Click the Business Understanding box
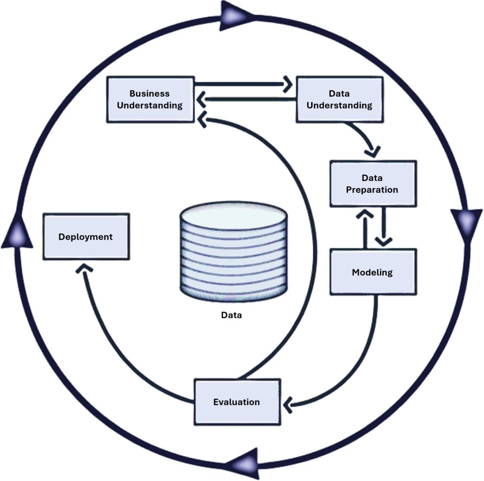point(150,99)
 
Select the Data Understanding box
point(339,99)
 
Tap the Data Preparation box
point(372,183)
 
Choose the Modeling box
point(372,272)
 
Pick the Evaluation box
point(237,402)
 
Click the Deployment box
point(86,236)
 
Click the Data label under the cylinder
point(232,315)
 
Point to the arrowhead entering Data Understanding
point(286,85)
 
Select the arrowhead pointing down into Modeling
point(383,240)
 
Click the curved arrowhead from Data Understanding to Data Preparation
point(373,151)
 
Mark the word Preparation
point(372,189)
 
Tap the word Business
point(149,94)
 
